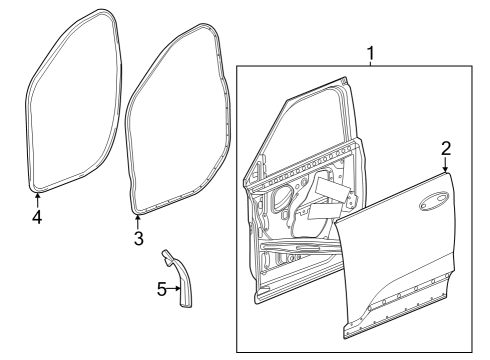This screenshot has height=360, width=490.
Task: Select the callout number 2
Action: (x=446, y=148)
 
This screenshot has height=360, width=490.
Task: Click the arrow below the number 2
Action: (x=443, y=168)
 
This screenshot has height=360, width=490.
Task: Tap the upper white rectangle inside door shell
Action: (x=330, y=186)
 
